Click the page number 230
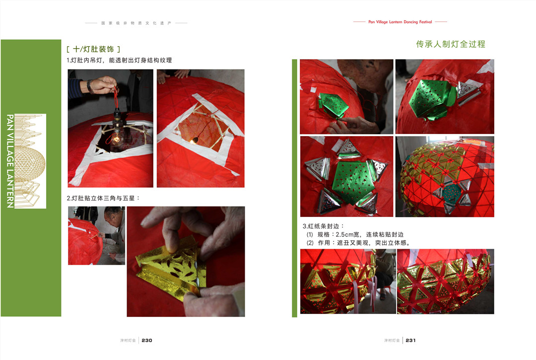(147, 341)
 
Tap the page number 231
(410, 341)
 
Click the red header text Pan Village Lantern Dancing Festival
(400, 22)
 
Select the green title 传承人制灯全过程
(451, 44)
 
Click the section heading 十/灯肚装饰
(93, 49)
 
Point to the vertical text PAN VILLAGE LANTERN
(10, 161)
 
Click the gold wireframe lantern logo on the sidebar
(30, 161)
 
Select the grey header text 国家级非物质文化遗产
(136, 23)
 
